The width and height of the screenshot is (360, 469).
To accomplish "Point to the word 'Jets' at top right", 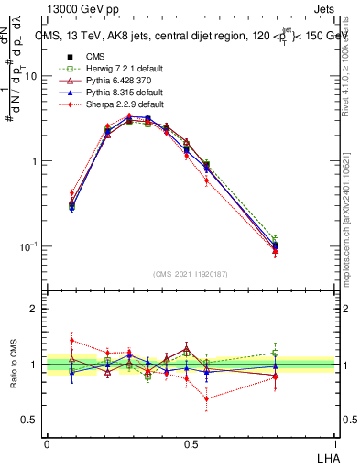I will [x=332, y=8].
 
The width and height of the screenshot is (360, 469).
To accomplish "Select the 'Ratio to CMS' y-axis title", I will [x=15, y=365].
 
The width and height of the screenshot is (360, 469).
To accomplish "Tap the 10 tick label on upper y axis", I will [x=31, y=77].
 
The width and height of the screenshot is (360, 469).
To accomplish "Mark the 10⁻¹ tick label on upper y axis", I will [x=29, y=247].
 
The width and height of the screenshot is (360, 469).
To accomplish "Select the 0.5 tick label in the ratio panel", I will [x=31, y=420].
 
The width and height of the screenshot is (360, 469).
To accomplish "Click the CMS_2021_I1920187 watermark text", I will [x=190, y=274].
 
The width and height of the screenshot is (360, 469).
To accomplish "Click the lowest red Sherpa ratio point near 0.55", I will [x=207, y=398].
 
